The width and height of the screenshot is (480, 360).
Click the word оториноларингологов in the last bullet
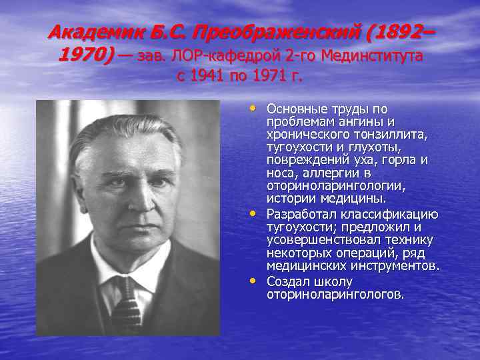[x=335, y=293]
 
